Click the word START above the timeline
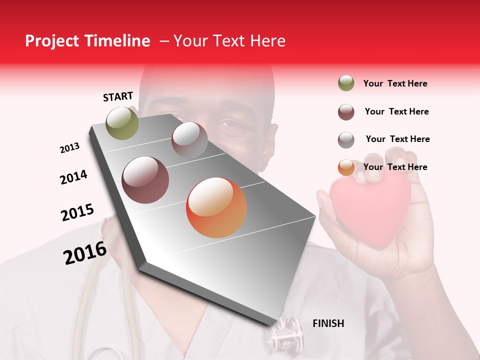click(x=118, y=96)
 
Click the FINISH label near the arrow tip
click(x=328, y=323)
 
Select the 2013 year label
click(x=69, y=148)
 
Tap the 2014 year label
click(x=73, y=177)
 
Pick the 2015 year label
click(x=77, y=212)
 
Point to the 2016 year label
click(x=85, y=252)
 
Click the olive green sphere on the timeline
click(x=122, y=123)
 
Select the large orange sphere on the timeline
click(x=216, y=207)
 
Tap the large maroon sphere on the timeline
click(x=145, y=180)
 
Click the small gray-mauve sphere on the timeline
click(x=189, y=140)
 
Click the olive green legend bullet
click(x=346, y=83)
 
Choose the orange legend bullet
click(x=346, y=167)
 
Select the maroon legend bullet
click(x=346, y=112)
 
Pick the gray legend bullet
click(x=346, y=140)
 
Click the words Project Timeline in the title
click(x=87, y=41)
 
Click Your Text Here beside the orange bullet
click(x=395, y=167)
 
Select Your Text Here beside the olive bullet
click(x=395, y=83)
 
